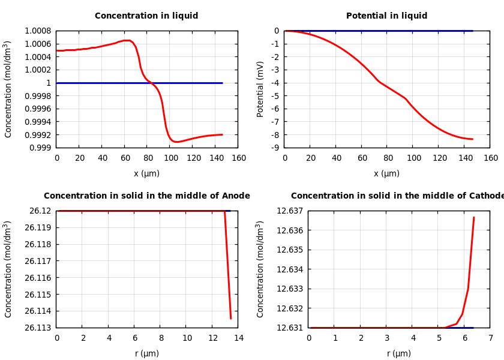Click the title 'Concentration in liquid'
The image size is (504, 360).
[x=146, y=16]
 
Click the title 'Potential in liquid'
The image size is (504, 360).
[x=386, y=16]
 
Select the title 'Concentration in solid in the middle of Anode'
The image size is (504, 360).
[x=146, y=196]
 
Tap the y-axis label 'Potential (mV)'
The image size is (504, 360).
[x=260, y=89]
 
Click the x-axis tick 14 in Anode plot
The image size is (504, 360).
[x=238, y=338]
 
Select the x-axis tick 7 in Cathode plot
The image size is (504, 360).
[x=490, y=338]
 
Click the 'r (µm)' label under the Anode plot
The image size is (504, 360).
[x=146, y=354]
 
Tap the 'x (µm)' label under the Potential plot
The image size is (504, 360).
[x=386, y=174]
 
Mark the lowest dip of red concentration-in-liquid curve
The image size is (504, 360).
[x=176, y=142]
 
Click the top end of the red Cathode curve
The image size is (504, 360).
[x=473, y=217]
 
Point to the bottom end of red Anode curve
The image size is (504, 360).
[x=231, y=319]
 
